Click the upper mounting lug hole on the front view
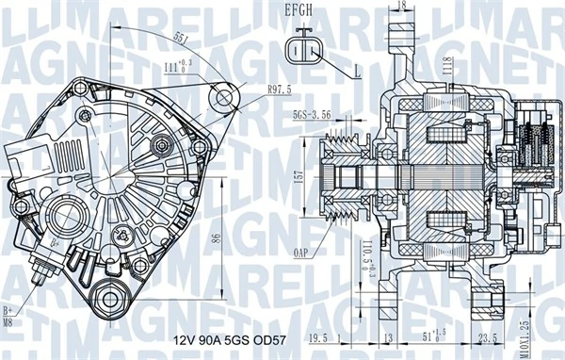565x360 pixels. tap(223, 98)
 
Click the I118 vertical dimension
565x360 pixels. tap(450, 67)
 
